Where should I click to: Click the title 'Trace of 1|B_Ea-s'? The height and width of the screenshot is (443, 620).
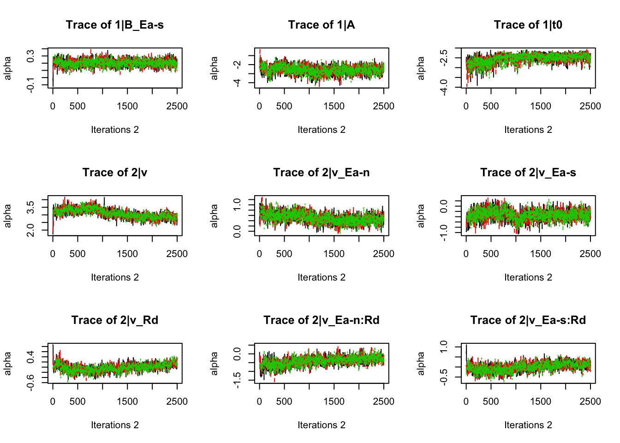(114, 25)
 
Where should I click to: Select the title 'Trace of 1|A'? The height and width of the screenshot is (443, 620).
(322, 25)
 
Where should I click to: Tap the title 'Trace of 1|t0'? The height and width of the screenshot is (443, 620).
(528, 25)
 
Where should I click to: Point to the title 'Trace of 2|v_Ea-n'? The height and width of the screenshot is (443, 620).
(322, 173)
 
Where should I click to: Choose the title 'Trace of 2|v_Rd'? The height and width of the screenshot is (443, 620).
(114, 320)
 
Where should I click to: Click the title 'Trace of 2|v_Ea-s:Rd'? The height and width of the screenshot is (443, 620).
(528, 320)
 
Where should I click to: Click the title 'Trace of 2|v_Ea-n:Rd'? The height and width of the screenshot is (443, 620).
(322, 320)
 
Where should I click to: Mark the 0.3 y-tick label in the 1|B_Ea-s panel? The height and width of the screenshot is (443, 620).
(30, 56)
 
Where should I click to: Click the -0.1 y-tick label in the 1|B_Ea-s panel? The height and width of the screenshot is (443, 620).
(30, 85)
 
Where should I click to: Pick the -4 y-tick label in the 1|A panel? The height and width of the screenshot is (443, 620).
(237, 83)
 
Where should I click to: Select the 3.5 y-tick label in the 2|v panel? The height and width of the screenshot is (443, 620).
(30, 208)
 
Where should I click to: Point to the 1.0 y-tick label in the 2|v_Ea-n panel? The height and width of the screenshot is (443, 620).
(237, 204)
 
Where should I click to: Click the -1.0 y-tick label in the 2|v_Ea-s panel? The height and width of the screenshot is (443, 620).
(444, 233)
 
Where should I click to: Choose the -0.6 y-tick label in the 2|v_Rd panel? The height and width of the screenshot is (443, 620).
(30, 383)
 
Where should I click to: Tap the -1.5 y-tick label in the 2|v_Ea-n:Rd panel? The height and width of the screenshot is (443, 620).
(237, 380)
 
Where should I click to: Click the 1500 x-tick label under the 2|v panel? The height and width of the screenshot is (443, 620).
(127, 254)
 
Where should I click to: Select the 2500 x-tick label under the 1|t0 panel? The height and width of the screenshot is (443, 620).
(590, 106)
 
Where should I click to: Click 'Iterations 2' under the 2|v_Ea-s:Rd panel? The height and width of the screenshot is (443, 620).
(528, 425)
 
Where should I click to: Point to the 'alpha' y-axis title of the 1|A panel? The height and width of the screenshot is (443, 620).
(214, 68)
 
